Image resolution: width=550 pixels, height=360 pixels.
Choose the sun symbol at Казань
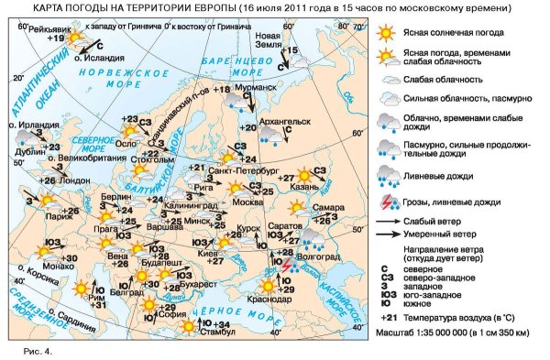303,177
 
